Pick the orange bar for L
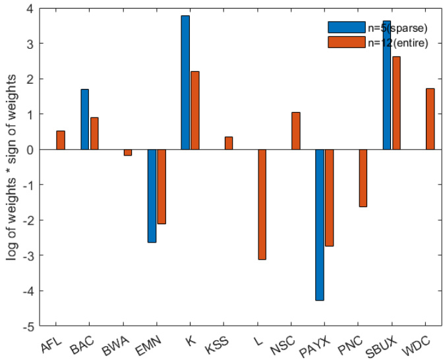[262, 204]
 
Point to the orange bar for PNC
[363, 178]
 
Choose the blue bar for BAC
[84, 119]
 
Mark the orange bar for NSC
[296, 131]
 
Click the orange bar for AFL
[61, 140]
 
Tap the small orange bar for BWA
[128, 152]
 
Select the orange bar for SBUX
[397, 103]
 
